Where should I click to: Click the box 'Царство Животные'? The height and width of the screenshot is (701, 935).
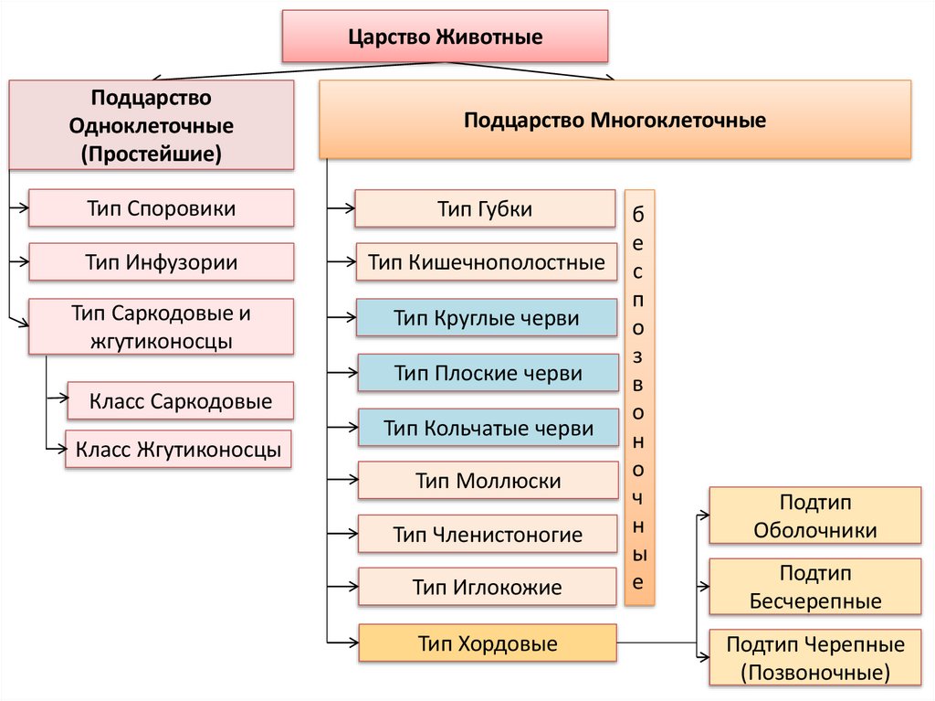[x=445, y=37]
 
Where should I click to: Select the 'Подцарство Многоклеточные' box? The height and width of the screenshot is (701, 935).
[x=615, y=120]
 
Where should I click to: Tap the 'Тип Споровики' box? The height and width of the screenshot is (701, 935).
[x=162, y=208]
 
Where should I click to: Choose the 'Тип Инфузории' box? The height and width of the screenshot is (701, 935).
[x=162, y=262]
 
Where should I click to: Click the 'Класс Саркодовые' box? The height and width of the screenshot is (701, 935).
[x=180, y=400]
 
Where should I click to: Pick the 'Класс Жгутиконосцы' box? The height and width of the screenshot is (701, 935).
[x=178, y=450]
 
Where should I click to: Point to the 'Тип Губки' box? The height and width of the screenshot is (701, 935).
[x=485, y=208]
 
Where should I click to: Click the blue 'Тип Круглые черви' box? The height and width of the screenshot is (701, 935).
[x=487, y=318]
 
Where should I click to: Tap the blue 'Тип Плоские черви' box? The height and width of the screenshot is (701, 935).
[x=488, y=373]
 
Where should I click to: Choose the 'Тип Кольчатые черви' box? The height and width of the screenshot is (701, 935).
[x=488, y=428]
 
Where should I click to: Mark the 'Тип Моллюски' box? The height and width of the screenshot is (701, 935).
[x=488, y=480]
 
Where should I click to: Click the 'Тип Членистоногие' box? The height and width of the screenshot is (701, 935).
[x=488, y=534]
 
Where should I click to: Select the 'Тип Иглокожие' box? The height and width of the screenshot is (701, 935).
[x=488, y=587]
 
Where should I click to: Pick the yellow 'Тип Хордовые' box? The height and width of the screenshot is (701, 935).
[x=488, y=643]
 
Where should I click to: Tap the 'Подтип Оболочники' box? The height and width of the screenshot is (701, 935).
[x=815, y=515]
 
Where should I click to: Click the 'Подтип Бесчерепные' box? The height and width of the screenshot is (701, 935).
[x=815, y=587]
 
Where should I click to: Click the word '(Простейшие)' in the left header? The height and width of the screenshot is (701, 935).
[x=151, y=153]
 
